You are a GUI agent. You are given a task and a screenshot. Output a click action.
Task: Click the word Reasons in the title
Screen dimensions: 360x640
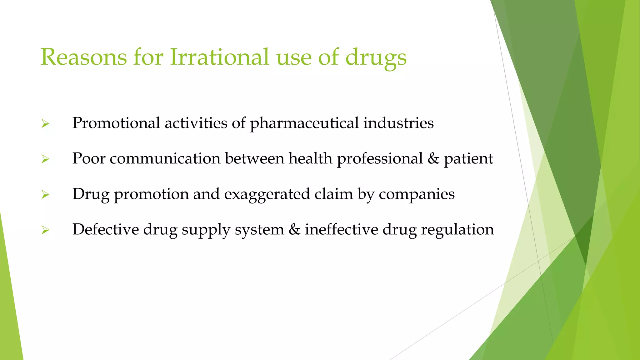click(83, 57)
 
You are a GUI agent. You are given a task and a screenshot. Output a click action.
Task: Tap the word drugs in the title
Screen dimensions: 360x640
click(376, 58)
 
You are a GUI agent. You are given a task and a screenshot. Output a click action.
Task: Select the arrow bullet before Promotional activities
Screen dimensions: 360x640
click(45, 124)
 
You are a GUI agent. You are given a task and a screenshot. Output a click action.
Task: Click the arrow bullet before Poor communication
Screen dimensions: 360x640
click(45, 159)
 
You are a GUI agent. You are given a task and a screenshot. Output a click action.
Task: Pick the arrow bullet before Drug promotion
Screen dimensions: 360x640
click(45, 195)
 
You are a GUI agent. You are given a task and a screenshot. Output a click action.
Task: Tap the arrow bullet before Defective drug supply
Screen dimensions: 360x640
click(45, 231)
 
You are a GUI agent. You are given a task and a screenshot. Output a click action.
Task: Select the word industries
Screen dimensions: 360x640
click(398, 123)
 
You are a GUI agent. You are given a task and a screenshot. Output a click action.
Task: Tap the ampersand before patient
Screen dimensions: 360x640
click(433, 158)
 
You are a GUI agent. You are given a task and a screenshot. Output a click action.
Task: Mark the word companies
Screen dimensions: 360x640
click(417, 194)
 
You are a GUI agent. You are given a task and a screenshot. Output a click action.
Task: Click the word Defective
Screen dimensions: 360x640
click(106, 229)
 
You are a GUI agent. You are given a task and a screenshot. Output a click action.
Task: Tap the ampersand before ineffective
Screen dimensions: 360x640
click(294, 230)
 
